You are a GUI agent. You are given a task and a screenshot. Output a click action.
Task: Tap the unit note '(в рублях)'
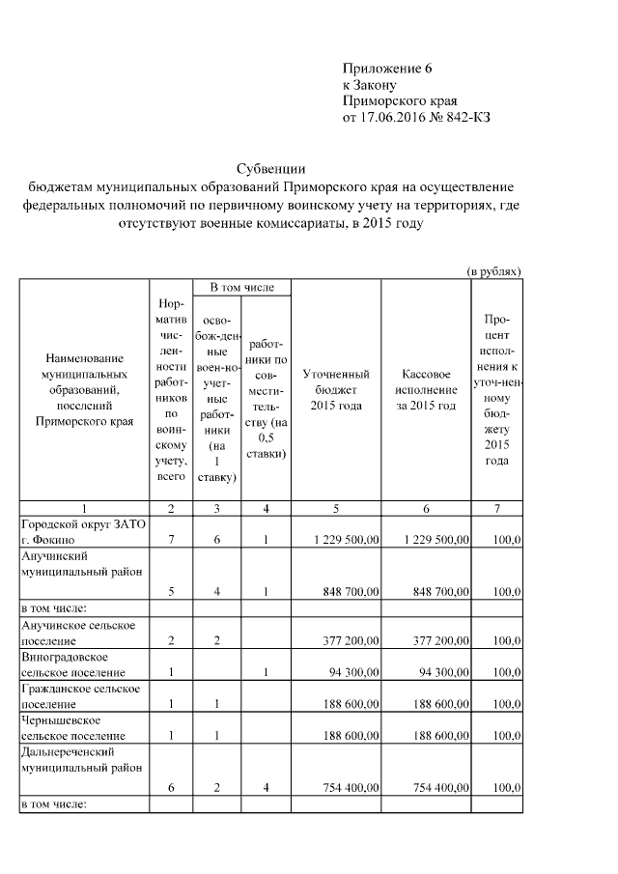point(494,272)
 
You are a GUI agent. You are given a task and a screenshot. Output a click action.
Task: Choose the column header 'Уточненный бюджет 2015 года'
point(336,389)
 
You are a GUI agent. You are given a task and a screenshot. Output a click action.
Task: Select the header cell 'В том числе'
point(241,287)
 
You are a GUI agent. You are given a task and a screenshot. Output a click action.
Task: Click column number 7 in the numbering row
point(496,508)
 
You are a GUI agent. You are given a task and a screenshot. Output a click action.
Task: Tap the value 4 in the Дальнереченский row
point(265,789)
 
